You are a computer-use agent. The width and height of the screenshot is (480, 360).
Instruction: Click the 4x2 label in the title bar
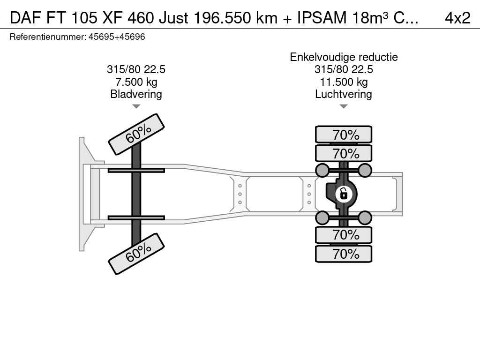(457, 18)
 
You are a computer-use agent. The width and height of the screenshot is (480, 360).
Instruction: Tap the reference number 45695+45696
(117, 37)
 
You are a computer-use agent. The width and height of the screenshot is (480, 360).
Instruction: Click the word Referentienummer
(48, 37)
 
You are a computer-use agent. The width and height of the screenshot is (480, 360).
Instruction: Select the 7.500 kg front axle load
(136, 82)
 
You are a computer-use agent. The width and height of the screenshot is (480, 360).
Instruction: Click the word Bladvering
(136, 94)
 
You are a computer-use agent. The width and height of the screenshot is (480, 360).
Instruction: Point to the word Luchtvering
(344, 94)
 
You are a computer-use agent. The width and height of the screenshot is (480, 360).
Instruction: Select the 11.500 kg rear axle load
(344, 82)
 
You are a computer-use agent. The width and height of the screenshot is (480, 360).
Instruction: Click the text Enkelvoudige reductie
(344, 57)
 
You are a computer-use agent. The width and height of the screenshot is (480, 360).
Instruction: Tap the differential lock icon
(344, 194)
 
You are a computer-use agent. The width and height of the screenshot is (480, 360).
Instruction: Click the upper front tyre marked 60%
(136, 134)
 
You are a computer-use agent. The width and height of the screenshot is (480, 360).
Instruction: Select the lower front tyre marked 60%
(136, 254)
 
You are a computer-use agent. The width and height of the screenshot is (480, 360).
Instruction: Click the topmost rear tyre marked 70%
(344, 135)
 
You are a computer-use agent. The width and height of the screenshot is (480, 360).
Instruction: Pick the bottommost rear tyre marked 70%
(344, 254)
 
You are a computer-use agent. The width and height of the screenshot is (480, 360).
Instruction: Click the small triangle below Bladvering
(136, 106)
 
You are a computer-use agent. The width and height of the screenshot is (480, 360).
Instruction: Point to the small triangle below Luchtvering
(344, 106)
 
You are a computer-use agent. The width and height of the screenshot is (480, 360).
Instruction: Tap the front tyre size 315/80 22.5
(136, 69)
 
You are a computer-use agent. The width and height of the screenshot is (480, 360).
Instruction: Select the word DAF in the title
(26, 18)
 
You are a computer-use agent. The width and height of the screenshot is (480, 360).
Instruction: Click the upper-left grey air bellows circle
(322, 170)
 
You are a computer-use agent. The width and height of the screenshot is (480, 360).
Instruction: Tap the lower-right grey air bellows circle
(365, 218)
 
